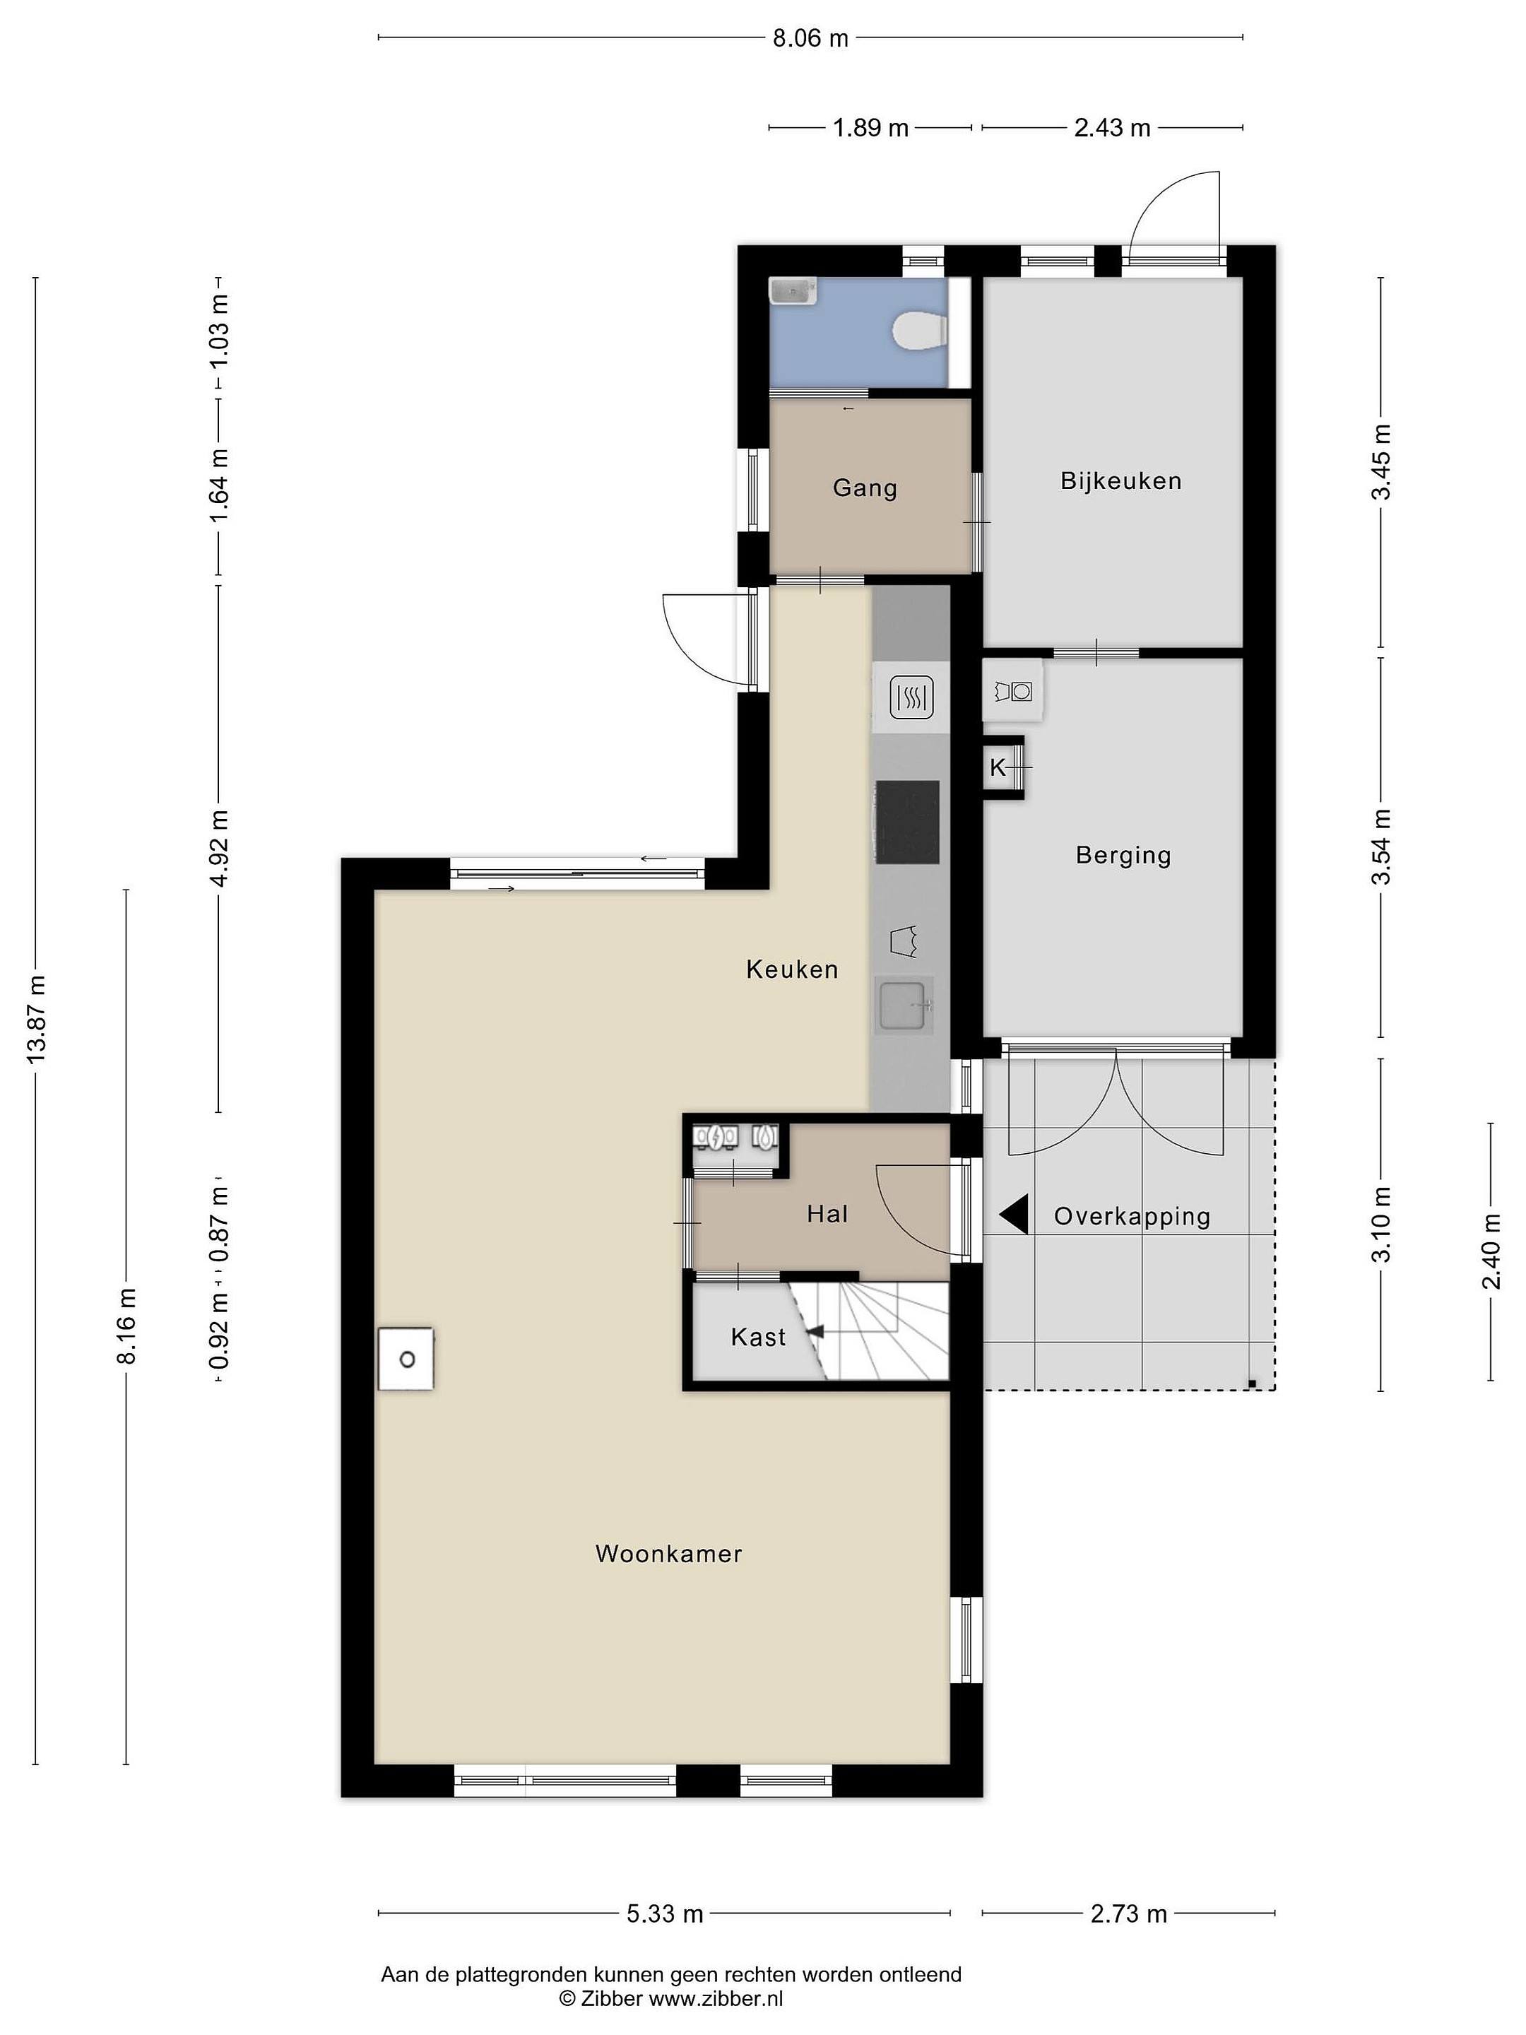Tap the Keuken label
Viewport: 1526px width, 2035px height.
click(792, 969)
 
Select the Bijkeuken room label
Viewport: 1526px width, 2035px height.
click(1120, 480)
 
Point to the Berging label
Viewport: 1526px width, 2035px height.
click(1123, 856)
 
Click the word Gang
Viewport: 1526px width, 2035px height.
click(865, 488)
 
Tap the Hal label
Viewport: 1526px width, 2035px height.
click(827, 1215)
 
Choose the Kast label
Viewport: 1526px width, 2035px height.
click(758, 1337)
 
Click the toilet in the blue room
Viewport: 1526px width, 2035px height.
click(920, 331)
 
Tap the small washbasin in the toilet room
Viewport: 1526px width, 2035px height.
click(792, 292)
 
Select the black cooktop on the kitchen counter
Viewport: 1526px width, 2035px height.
click(907, 822)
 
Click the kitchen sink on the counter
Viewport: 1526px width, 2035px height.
click(904, 1003)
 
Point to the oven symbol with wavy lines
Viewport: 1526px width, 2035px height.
click(911, 697)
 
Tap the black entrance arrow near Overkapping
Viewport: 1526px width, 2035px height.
click(1014, 1215)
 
